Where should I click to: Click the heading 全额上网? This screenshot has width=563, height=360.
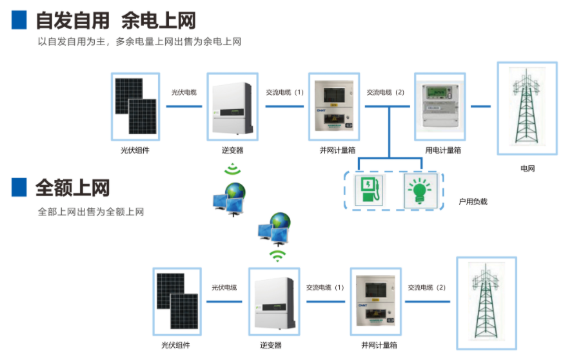(72, 188)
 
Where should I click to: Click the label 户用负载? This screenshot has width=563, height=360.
(473, 202)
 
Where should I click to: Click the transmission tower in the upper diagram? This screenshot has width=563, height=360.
(527, 107)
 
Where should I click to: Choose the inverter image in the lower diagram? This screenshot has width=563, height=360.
(274, 302)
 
